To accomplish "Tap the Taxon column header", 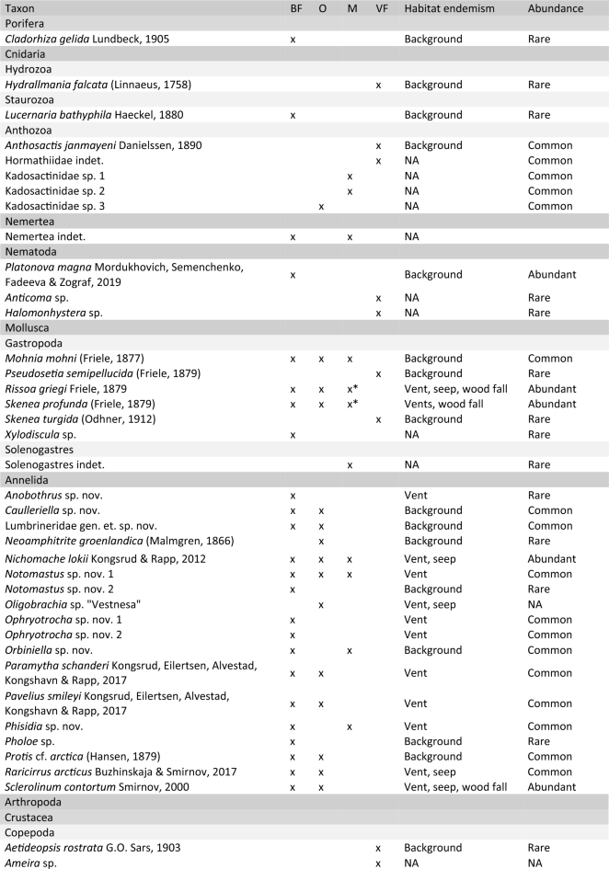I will click(x=21, y=8).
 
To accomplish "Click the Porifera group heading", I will click(x=25, y=24).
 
